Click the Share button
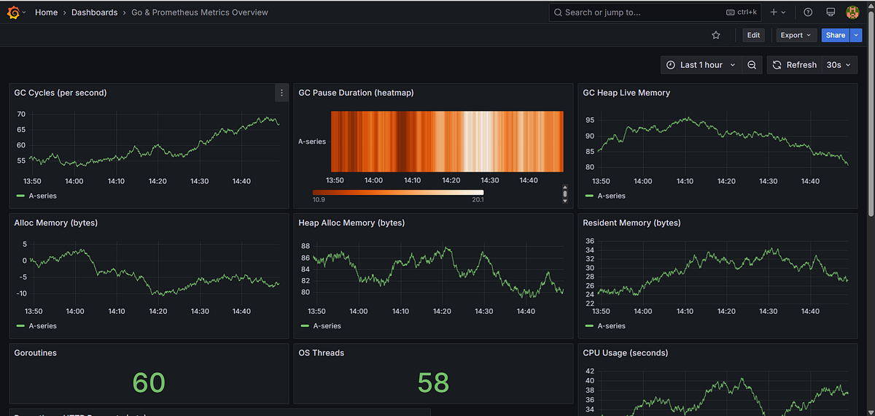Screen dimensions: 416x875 click(x=835, y=35)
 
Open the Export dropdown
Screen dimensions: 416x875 click(x=796, y=35)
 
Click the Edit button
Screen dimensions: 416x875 click(x=753, y=35)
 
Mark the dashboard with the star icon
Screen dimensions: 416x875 click(x=716, y=35)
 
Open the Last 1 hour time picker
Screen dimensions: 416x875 click(x=701, y=65)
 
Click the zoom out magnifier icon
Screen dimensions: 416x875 click(x=752, y=65)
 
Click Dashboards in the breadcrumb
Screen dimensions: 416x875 click(x=94, y=12)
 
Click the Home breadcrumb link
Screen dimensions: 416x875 click(x=46, y=12)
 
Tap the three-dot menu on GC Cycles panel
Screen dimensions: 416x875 click(x=281, y=93)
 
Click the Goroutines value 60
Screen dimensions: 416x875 click(x=149, y=382)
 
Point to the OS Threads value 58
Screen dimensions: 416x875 click(x=433, y=382)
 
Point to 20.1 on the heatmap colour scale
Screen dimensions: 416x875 click(x=478, y=199)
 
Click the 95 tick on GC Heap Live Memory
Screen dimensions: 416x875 click(x=589, y=120)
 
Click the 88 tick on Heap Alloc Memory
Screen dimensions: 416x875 click(x=305, y=246)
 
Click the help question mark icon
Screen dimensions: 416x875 click(x=808, y=12)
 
